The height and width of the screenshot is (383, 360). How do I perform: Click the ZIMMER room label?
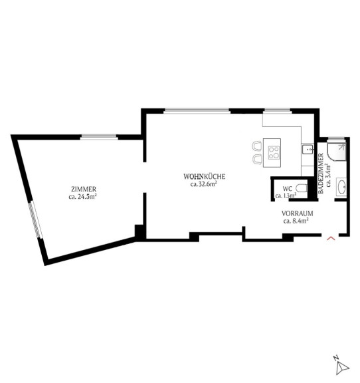click(x=84, y=189)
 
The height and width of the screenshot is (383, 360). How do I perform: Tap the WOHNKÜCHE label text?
click(x=205, y=176)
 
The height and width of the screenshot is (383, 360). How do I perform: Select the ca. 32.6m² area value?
click(x=204, y=184)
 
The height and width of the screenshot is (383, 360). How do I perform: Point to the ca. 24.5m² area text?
click(x=83, y=197)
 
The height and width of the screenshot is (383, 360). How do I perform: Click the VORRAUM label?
click(x=298, y=213)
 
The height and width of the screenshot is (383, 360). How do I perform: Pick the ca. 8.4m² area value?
click(x=296, y=221)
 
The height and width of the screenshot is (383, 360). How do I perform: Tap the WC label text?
click(x=287, y=189)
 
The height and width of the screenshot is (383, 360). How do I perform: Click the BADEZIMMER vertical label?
click(x=321, y=174)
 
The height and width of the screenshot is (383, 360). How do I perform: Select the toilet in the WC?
click(x=302, y=188)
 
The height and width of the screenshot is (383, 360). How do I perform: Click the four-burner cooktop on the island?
click(x=274, y=153)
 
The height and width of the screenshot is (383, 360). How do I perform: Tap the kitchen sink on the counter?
click(x=308, y=149)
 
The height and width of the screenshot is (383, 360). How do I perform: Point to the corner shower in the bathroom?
click(x=336, y=152)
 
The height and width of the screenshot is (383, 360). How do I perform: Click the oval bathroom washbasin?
click(x=341, y=187)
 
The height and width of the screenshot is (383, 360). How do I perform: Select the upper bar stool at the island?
click(x=257, y=146)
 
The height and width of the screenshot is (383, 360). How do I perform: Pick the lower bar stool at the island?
click(x=257, y=159)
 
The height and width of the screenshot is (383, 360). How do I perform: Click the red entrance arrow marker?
click(x=331, y=238)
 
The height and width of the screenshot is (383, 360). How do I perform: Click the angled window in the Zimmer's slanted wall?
click(x=35, y=220)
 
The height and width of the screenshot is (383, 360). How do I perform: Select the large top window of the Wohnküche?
click(x=197, y=111)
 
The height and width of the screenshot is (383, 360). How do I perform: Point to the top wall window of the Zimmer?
click(x=99, y=137)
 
